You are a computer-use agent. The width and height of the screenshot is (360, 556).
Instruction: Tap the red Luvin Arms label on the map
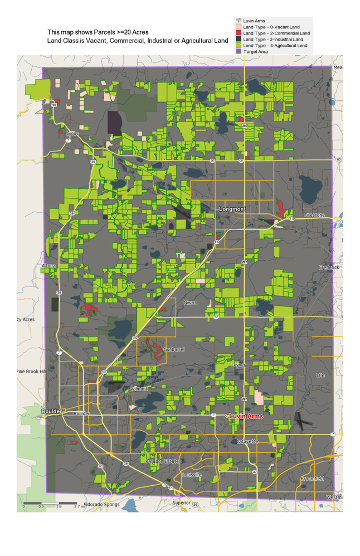[246, 416]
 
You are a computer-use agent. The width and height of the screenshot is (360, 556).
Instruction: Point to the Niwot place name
[190, 303]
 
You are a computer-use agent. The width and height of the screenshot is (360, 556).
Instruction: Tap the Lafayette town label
[247, 441]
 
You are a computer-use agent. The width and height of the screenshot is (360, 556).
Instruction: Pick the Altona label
[49, 266]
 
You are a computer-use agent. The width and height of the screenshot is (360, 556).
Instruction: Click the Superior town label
[181, 503]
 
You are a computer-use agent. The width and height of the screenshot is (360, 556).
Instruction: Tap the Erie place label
[320, 375]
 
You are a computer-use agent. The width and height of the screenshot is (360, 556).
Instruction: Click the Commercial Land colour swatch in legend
[239, 33]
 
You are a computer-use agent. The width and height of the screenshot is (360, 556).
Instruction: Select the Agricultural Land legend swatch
[239, 46]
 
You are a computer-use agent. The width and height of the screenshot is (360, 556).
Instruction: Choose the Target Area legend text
[256, 51]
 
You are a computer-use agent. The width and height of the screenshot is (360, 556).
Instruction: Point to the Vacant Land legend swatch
[239, 27]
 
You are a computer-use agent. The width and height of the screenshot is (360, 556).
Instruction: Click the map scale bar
[50, 503]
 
